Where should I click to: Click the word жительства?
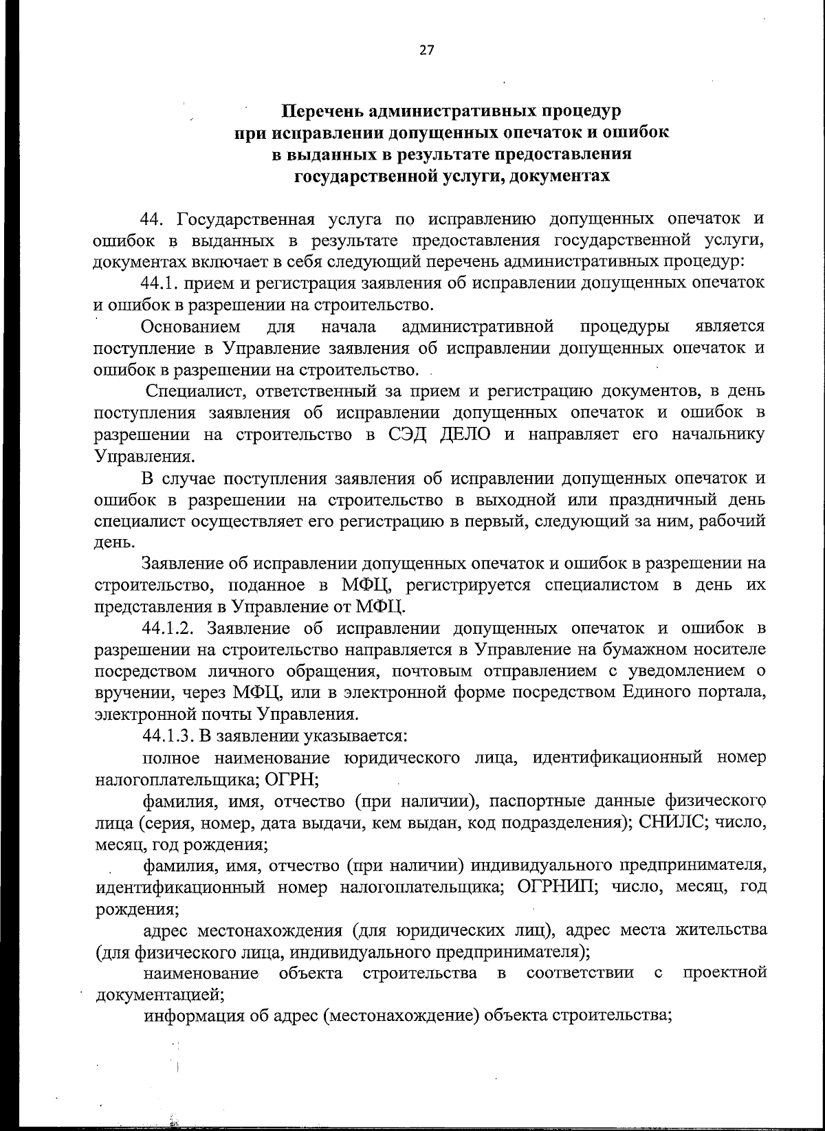(x=721, y=930)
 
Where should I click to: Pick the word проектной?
(x=725, y=973)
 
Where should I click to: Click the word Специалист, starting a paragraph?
(x=190, y=392)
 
